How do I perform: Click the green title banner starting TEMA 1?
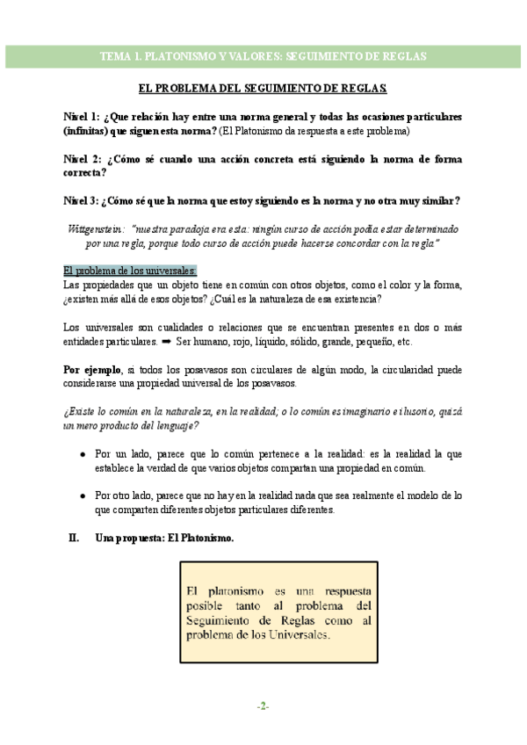point(263,55)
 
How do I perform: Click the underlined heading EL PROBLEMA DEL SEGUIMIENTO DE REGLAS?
point(263,89)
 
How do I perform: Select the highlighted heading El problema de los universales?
point(131,270)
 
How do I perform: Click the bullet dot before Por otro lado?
point(82,495)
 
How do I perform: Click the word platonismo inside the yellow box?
point(227,589)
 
